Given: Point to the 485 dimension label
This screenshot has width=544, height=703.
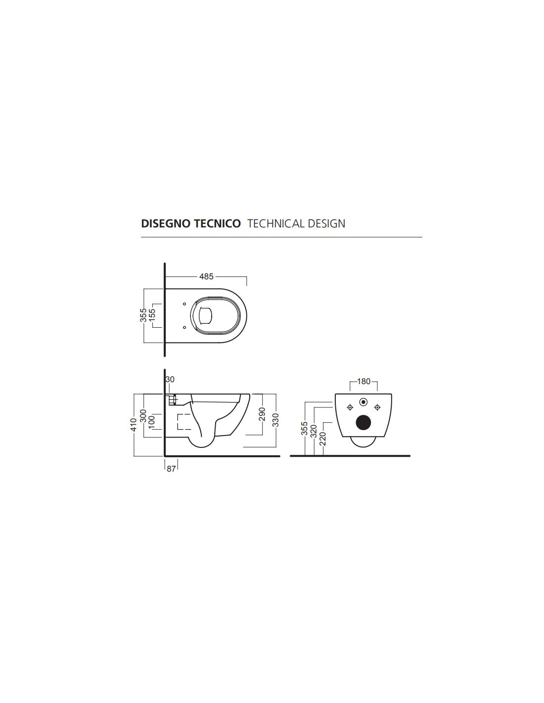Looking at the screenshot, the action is [x=206, y=277].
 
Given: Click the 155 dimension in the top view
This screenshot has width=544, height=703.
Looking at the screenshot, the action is [x=152, y=315].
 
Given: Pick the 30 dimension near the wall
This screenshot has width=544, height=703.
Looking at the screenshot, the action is [x=170, y=379].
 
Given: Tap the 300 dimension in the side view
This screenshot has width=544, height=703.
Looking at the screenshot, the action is [x=143, y=416].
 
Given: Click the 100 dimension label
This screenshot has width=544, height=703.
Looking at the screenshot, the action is [x=152, y=422].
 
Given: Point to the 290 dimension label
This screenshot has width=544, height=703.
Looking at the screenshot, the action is [x=262, y=414].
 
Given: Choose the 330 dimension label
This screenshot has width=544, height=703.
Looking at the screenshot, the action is [x=276, y=420].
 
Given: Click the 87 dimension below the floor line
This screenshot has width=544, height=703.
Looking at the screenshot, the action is [x=171, y=469].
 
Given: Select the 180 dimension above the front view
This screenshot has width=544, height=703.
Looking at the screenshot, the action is [x=363, y=382].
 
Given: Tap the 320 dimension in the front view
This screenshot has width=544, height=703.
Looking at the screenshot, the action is [x=313, y=431].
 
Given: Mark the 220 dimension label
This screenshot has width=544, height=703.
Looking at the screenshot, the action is [x=322, y=439].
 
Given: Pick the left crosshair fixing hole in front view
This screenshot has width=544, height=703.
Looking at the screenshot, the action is [x=350, y=407].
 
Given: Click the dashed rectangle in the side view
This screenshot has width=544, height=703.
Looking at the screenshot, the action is [x=184, y=422].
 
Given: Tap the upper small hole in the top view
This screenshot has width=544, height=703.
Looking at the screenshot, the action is [x=184, y=304].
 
